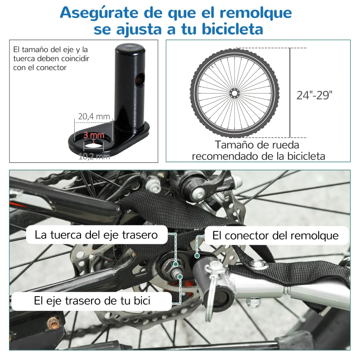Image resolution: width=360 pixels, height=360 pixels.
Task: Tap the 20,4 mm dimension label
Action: tap(94, 117)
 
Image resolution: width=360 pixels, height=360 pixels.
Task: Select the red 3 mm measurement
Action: tap(94, 135)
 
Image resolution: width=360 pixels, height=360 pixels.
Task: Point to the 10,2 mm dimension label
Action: tap(94, 156)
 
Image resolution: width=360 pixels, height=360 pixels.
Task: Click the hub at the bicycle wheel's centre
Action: tap(234, 93)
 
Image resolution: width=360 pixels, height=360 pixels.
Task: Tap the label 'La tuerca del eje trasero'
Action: tap(96, 235)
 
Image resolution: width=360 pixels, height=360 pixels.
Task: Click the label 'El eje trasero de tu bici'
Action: tap(92, 301)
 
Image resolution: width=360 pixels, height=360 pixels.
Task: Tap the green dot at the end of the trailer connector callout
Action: tap(197, 255)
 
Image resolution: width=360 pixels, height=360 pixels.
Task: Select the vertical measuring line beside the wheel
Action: tap(290, 93)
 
